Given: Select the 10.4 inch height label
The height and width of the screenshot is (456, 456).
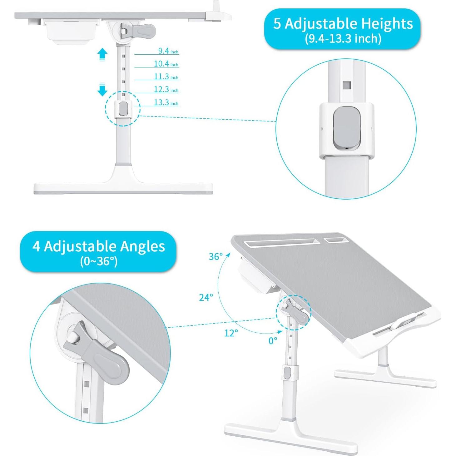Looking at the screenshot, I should (166, 64).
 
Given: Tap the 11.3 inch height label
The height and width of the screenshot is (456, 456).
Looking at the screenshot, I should (166, 77).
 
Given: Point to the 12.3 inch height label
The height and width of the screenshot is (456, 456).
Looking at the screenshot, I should (166, 89).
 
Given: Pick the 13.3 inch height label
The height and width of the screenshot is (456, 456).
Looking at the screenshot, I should (166, 102).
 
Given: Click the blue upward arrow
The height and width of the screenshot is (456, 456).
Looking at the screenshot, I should (102, 54).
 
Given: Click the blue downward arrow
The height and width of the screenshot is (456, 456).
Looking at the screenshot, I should (102, 90).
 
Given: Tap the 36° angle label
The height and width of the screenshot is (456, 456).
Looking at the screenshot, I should (216, 256).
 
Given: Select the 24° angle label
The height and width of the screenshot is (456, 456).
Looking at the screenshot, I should (206, 297).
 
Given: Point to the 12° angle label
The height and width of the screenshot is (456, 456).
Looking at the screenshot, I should (231, 333).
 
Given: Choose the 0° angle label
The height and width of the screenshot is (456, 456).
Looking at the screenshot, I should (273, 341).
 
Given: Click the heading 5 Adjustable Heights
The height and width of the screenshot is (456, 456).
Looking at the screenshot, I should (343, 24).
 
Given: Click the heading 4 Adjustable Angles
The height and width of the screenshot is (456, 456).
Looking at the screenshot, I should (99, 246).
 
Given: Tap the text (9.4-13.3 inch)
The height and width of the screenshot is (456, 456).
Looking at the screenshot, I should (343, 39).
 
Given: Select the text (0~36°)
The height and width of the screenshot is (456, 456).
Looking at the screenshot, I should (99, 261).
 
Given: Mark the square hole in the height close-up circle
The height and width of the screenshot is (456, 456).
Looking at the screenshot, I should (347, 85).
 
